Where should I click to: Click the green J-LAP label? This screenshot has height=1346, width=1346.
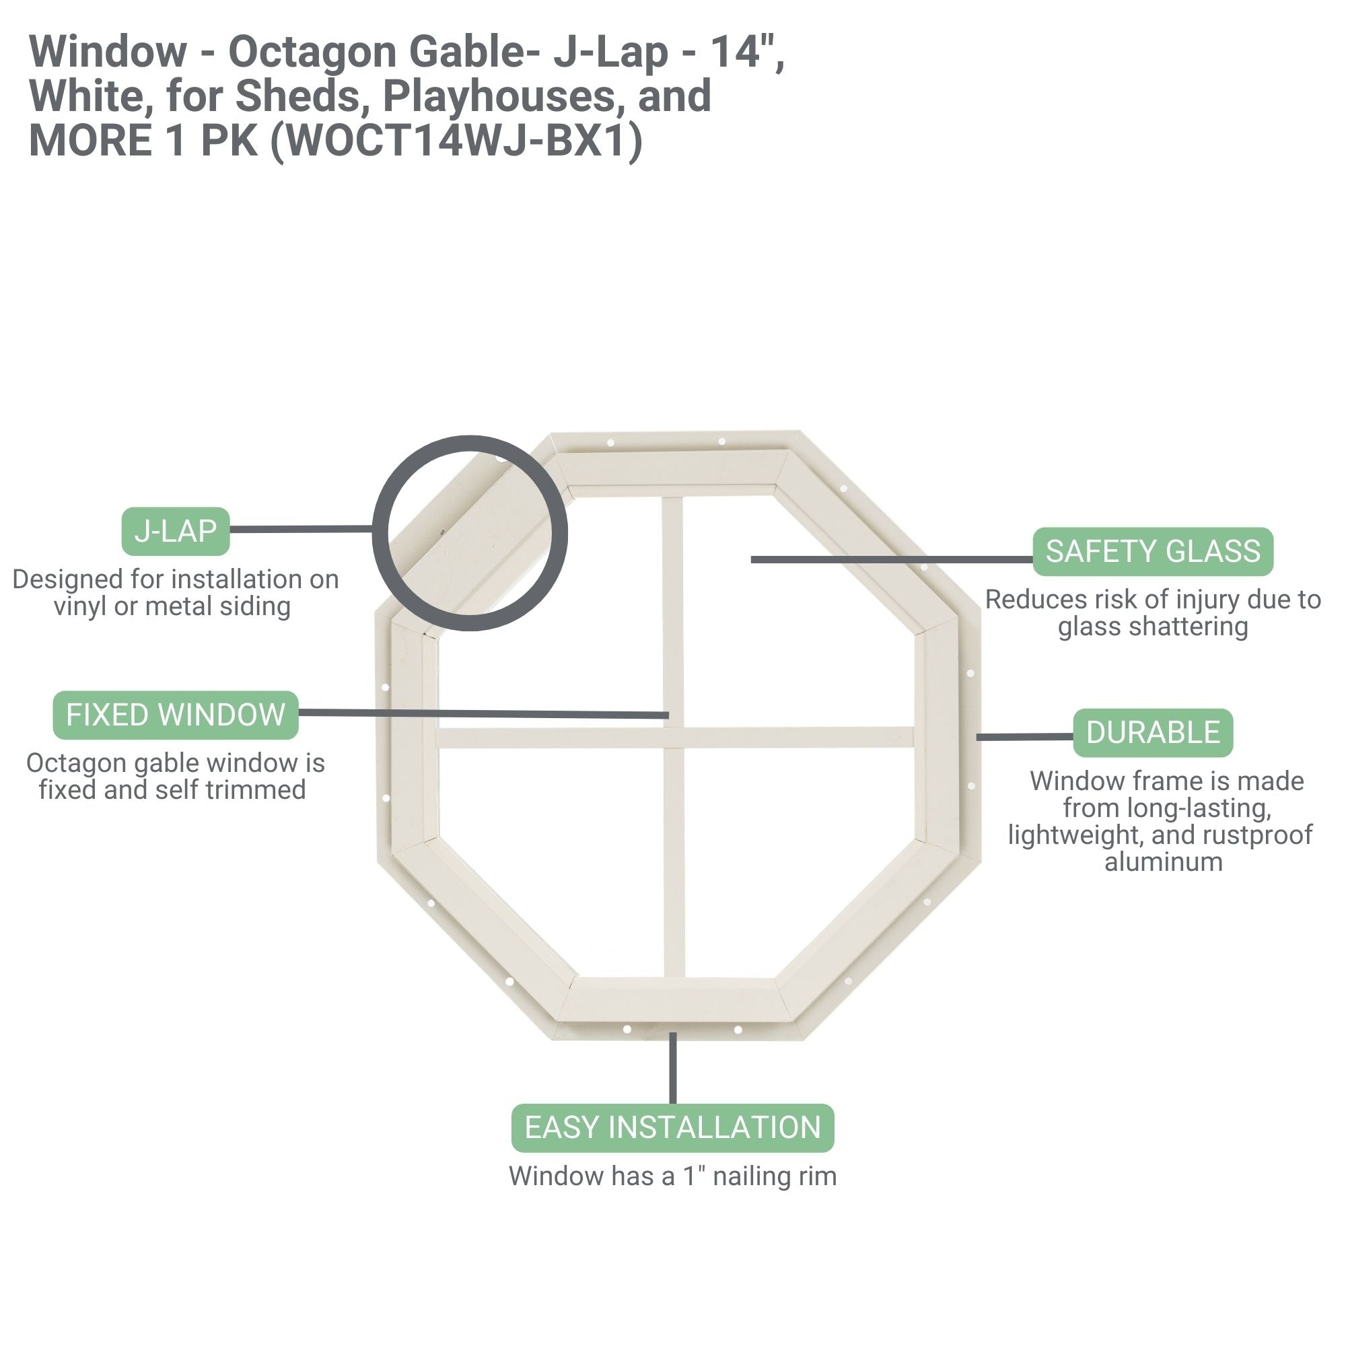tap(176, 532)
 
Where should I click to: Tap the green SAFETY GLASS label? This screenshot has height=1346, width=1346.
tap(1152, 552)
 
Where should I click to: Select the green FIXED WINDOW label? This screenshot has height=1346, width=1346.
tap(176, 715)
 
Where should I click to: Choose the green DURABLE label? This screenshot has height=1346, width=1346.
tap(1152, 733)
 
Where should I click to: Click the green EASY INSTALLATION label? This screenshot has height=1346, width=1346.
tap(672, 1128)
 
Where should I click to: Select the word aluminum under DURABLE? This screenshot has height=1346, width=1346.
tap(1164, 863)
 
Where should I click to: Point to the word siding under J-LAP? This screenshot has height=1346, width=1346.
tap(254, 607)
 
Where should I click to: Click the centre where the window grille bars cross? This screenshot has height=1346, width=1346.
tap(673, 738)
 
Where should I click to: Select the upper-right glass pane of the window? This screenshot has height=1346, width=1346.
tap(794, 613)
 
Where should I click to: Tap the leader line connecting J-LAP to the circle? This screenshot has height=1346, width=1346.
tap(301, 530)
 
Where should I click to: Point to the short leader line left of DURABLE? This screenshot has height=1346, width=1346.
tap(1024, 736)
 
